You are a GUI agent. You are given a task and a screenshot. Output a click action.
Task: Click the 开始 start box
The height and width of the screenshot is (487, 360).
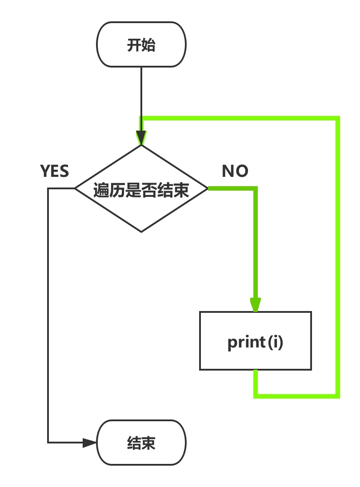141,44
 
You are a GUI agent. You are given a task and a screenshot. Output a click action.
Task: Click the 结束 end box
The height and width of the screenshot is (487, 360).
141,443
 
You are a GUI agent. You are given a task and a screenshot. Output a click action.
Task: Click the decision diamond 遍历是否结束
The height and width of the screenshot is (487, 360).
141,189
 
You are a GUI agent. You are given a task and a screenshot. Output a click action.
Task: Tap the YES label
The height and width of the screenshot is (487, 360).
55,171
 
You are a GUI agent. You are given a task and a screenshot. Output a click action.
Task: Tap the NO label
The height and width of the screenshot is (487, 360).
235,171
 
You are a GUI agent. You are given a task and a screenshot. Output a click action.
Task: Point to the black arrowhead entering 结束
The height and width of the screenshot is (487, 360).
90,443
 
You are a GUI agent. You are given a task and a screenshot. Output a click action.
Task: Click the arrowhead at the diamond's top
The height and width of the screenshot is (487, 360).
141,138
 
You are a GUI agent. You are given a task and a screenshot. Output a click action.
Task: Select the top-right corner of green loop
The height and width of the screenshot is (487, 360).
338,118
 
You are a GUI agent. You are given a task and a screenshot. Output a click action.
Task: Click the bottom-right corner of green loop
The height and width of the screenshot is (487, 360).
338,395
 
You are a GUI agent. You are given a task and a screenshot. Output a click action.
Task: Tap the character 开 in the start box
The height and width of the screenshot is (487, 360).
134,45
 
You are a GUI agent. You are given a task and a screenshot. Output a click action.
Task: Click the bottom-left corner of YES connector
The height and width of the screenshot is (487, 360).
48,443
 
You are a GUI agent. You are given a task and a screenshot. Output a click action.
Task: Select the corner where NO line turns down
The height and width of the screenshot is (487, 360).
256,189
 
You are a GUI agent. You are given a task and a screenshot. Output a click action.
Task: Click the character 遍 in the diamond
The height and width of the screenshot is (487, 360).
101,191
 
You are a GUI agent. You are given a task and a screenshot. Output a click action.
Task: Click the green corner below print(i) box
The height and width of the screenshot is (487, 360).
256,395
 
